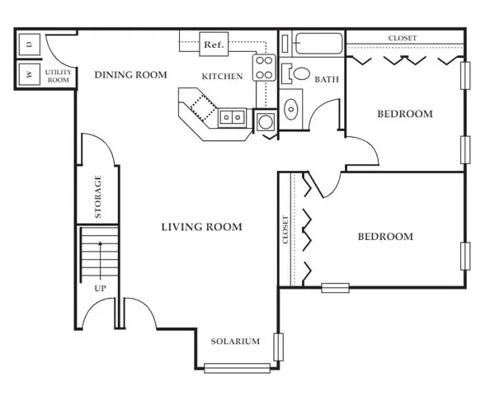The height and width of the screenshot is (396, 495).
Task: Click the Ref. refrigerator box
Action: point(214,45)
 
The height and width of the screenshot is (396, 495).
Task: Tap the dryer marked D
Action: point(30,45)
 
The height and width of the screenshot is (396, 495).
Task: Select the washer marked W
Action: point(30,74)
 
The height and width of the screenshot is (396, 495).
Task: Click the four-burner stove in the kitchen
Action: point(264,68)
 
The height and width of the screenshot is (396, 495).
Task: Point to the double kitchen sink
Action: point(232,117)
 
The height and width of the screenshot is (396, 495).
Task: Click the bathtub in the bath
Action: point(318,44)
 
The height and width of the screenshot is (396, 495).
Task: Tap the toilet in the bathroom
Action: point(296,74)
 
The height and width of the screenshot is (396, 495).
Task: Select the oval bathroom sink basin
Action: point(291,110)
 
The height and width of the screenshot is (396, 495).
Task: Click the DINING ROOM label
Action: point(130,75)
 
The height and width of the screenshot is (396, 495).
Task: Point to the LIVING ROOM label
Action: point(202,227)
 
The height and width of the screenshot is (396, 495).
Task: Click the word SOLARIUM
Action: point(235,341)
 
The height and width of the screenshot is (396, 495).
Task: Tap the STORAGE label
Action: point(98,196)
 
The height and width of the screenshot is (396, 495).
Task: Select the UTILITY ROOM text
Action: point(59,76)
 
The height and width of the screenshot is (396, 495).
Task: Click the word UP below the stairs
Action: point(100,288)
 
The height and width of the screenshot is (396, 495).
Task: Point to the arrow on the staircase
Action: point(101,262)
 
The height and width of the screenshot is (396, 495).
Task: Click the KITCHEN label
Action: point(222,77)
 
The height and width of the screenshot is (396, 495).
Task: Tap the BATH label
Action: point(327,79)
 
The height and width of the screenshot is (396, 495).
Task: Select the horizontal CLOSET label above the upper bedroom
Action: point(403,38)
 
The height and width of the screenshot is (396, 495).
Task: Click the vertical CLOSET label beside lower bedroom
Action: point(285,229)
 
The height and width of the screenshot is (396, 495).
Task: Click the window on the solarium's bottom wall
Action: point(237,368)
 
